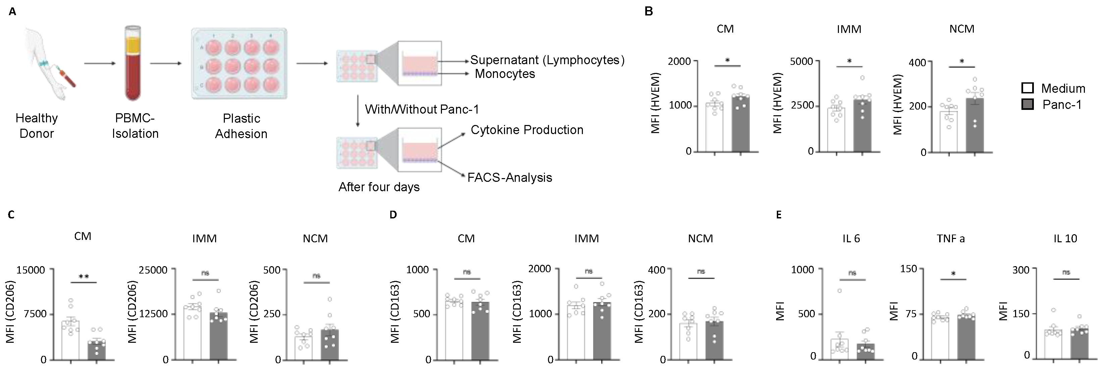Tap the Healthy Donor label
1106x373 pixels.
(37, 125)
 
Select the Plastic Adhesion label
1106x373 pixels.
(241, 126)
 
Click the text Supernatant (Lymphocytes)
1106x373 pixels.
(547, 60)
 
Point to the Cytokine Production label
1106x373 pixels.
(527, 130)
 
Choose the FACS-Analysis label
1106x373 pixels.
(510, 177)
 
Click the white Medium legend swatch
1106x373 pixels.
(1027, 88)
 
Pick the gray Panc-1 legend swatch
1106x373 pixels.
(1027, 105)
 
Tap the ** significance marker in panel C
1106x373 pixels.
(84, 277)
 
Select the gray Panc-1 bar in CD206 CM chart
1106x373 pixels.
(96, 350)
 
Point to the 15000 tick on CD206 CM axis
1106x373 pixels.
(31, 270)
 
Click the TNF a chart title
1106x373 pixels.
(950, 239)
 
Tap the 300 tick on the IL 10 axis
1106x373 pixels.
(1021, 270)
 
